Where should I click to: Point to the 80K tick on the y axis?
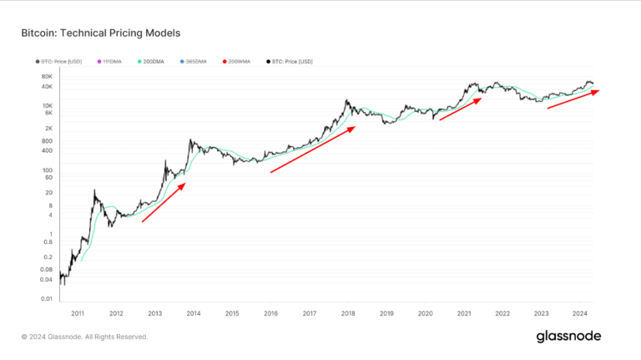pyautogui.click(x=47, y=76)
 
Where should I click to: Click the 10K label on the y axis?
pyautogui.click(x=47, y=106)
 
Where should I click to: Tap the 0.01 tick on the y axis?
pyautogui.click(x=46, y=298)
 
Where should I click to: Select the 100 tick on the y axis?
pyautogui.click(x=47, y=170)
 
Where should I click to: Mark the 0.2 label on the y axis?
pyautogui.click(x=48, y=256)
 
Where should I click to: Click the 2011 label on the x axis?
pyautogui.click(x=78, y=313)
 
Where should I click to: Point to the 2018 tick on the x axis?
pyautogui.click(x=348, y=313)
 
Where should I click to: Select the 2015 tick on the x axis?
pyautogui.click(x=232, y=313)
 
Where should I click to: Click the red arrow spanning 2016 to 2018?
pyautogui.click(x=313, y=150)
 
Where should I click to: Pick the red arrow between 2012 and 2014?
pyautogui.click(x=164, y=203)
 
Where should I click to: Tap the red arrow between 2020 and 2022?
pyautogui.click(x=461, y=109)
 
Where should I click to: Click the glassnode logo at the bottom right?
pyautogui.click(x=568, y=337)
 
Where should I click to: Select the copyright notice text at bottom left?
pyautogui.click(x=85, y=337)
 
